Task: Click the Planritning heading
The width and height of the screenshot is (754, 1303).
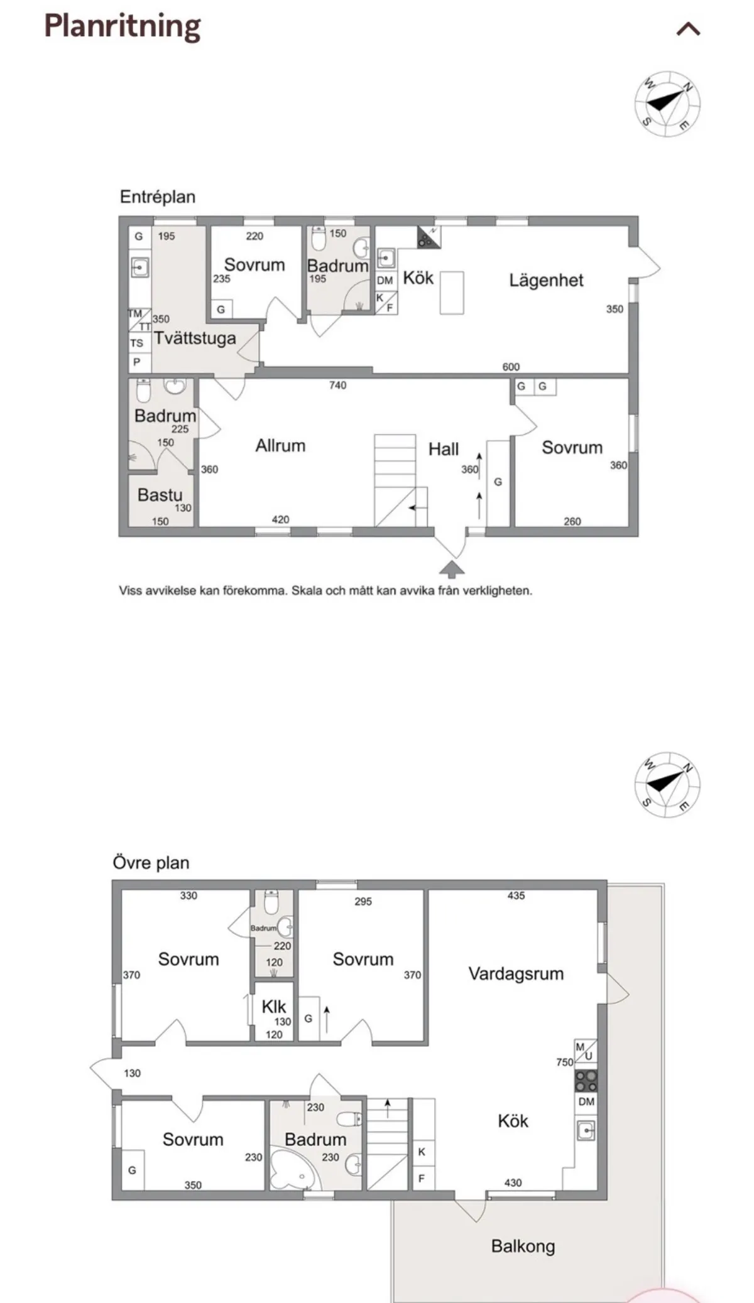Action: click(x=123, y=26)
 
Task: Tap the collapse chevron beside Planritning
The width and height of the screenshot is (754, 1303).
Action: click(x=688, y=29)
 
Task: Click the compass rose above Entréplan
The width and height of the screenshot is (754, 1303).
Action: click(x=667, y=104)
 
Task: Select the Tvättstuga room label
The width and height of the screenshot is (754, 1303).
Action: click(x=195, y=338)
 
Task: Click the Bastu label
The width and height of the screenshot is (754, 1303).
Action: click(x=160, y=495)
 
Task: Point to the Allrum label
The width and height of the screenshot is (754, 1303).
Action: click(x=280, y=446)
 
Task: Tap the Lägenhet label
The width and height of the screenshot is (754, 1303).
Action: click(x=546, y=280)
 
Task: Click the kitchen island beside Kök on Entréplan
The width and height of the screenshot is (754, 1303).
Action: click(x=451, y=293)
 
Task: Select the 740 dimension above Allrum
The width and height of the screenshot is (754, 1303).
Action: click(x=337, y=386)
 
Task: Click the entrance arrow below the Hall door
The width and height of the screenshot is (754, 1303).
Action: click(x=452, y=569)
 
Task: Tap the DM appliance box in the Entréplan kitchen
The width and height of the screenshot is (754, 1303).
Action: click(x=385, y=281)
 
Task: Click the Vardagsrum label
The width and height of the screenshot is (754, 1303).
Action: click(x=516, y=974)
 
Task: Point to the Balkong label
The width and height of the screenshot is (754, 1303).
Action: click(x=523, y=1246)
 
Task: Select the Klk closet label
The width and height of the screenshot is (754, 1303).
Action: click(x=273, y=1007)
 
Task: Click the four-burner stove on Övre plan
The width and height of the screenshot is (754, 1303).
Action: click(x=586, y=1081)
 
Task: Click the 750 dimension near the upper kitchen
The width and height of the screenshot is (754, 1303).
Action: click(x=564, y=1062)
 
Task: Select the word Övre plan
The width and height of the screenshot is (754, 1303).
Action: click(x=151, y=863)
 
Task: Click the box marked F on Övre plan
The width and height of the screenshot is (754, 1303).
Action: click(x=422, y=1179)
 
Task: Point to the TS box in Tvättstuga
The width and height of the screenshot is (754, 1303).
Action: click(x=137, y=343)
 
